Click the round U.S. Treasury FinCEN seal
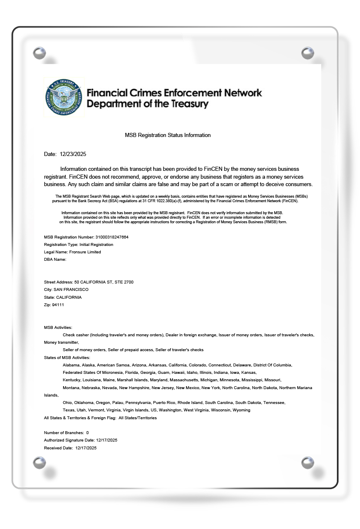(64, 97)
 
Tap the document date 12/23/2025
(73, 154)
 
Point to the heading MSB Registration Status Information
(168, 135)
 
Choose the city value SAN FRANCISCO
(71, 290)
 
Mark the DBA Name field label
(55, 260)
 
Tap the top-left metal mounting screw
(39, 53)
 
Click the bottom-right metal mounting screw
(308, 463)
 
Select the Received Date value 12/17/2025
(86, 448)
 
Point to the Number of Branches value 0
(88, 433)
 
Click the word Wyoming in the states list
(242, 410)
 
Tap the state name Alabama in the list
(71, 365)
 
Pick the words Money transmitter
(61, 342)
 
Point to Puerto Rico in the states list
(164, 402)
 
